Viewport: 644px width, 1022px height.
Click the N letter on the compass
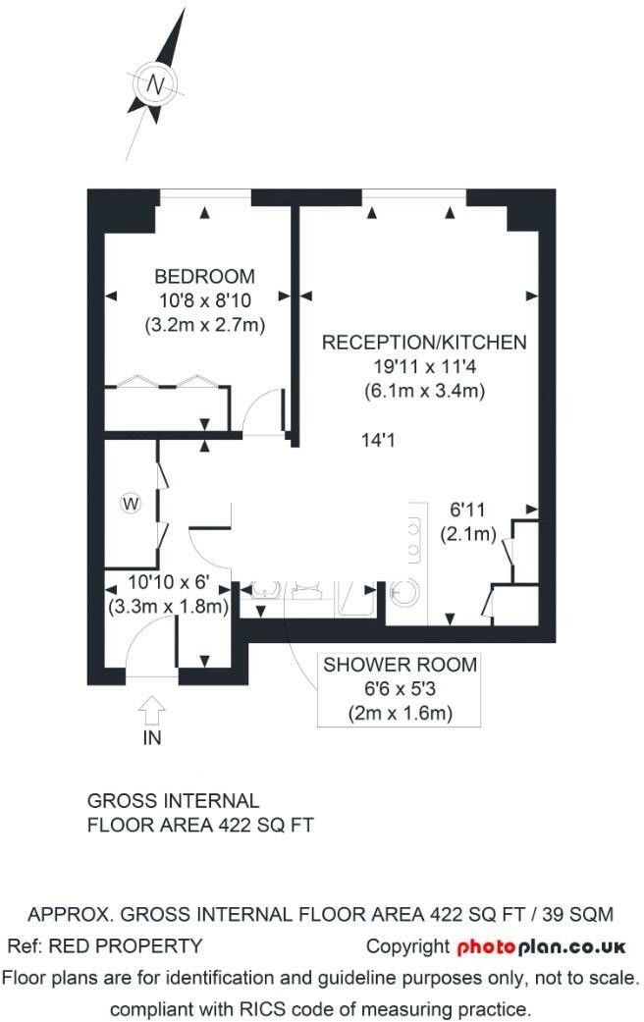[x=155, y=84]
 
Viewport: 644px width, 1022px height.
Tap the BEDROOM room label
[x=204, y=276]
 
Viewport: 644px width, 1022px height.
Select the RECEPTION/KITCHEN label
[x=424, y=343]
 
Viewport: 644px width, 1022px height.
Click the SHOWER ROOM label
[x=401, y=665]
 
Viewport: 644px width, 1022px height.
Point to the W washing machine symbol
[x=131, y=504]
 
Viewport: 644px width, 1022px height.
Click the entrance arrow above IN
[x=152, y=710]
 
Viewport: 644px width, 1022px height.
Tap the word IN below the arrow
[x=152, y=738]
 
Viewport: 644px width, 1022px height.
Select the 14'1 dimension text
[x=378, y=440]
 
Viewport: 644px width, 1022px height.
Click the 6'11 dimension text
[x=468, y=510]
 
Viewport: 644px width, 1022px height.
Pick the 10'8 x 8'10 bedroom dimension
[x=204, y=301]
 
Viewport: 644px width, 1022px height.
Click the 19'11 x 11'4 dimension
[x=424, y=366]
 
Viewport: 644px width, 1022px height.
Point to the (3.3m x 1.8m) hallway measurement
[x=168, y=606]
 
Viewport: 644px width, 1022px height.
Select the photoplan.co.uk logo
[x=541, y=947]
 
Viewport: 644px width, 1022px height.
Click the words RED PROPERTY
[x=126, y=945]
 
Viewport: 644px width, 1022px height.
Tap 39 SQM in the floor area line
[x=578, y=914]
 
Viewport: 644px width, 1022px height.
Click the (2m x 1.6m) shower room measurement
[x=401, y=713]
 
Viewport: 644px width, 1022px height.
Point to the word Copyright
[x=408, y=946]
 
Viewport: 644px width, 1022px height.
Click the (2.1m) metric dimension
[x=468, y=534]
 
